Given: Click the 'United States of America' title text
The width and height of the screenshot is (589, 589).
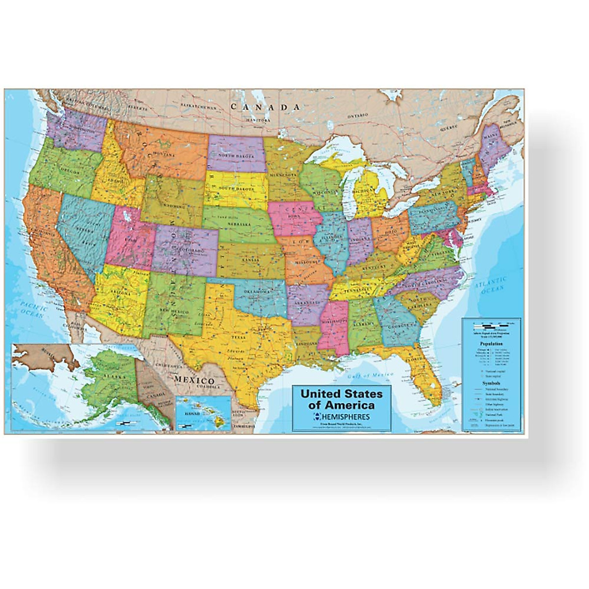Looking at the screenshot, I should (x=341, y=400).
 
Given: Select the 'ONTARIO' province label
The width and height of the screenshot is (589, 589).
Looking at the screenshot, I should (x=358, y=116).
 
